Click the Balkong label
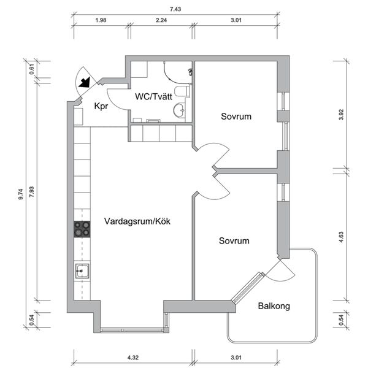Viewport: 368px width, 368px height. tap(274, 306)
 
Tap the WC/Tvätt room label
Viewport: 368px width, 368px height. tap(153, 96)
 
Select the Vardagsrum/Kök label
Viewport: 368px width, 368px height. tap(137, 221)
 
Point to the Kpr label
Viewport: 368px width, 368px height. tap(101, 106)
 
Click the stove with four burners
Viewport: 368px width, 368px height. tap(82, 229)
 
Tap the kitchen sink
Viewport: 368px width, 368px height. tap(82, 271)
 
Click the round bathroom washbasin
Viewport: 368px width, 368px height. tap(180, 110)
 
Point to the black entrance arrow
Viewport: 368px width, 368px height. tap(85, 82)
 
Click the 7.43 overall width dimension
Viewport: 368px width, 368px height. tap(175, 9)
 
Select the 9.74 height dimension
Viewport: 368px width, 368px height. tap(21, 194)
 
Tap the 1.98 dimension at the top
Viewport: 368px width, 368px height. tap(101, 20)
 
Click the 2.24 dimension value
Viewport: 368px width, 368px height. tap(161, 20)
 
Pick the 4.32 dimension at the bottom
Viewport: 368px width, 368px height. tap(133, 358)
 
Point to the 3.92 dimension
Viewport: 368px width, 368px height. tap(341, 115)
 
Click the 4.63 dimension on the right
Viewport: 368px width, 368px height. tap(341, 237)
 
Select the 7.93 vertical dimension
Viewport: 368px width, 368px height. tap(31, 192)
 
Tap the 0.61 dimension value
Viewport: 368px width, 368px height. tap(32, 69)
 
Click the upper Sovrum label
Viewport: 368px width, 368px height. tap(236, 117)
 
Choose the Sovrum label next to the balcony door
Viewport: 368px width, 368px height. tap(234, 241)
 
